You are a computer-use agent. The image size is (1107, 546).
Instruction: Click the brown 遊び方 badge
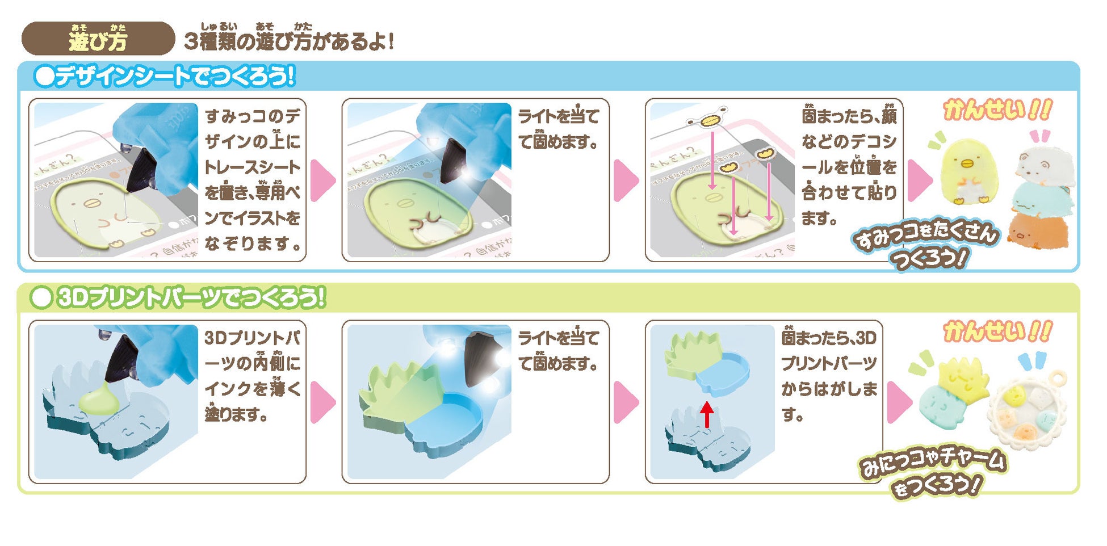point(98,39)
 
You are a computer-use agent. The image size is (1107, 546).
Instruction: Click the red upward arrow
point(707,415)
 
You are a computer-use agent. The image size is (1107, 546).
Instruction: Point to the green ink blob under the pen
point(99,400)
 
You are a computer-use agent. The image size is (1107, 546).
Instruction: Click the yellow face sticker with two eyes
point(707,120)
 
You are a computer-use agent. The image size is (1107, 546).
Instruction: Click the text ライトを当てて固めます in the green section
point(559,351)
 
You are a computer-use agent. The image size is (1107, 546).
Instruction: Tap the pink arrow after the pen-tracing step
point(323,180)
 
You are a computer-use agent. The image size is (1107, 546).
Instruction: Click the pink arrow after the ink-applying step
point(323,402)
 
